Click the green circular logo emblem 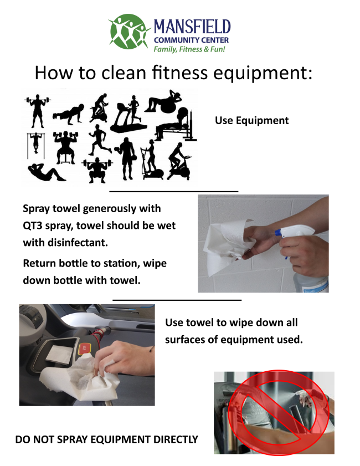coord(129,32)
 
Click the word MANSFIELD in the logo coord(192,27)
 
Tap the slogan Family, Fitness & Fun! coord(189,49)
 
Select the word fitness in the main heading coord(179,73)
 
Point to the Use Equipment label coord(251,120)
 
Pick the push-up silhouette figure coord(68,114)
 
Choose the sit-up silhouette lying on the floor coord(47,172)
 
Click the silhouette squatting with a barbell coord(97,170)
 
